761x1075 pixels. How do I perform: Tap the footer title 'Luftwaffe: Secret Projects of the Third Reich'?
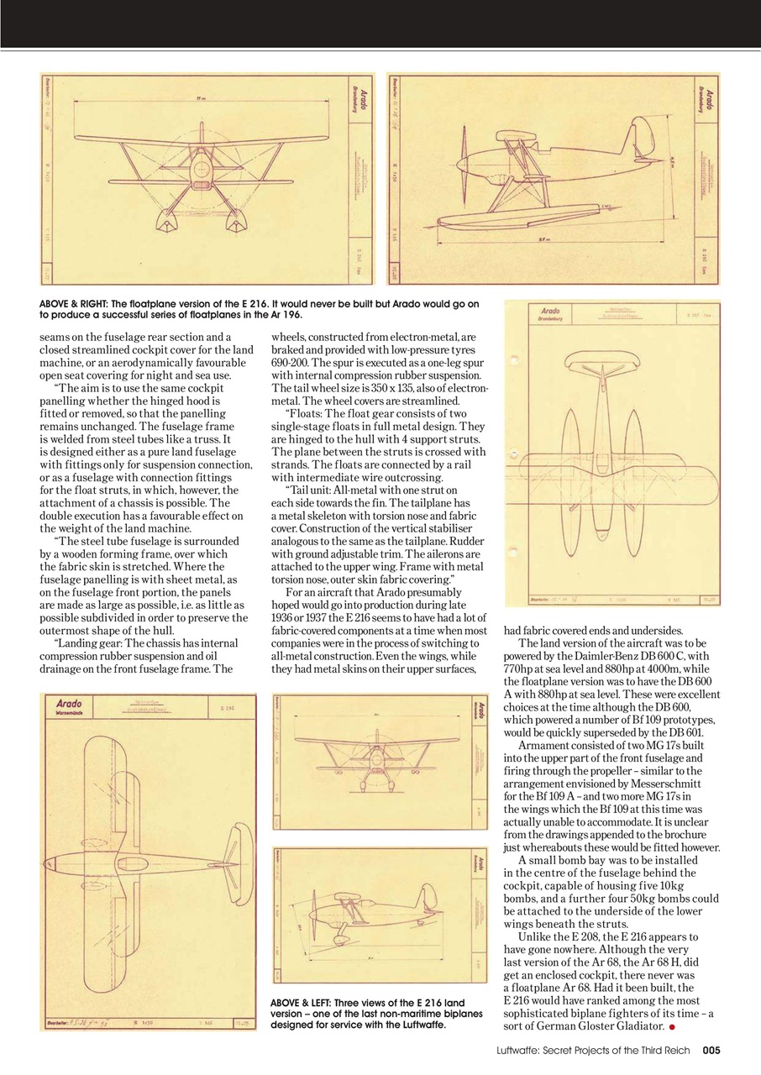pyautogui.click(x=593, y=1049)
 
